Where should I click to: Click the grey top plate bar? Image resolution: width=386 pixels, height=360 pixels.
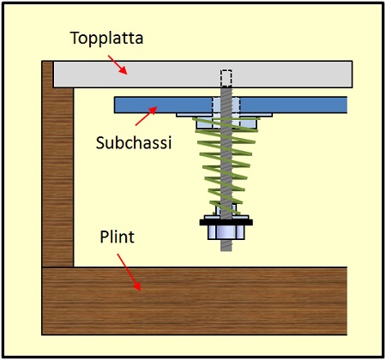point(283,74)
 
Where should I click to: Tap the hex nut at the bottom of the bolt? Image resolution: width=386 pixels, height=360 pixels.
point(225,231)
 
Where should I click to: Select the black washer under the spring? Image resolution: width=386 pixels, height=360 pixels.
point(225,220)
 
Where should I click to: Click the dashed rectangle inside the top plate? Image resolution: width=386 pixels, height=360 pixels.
point(226,78)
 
